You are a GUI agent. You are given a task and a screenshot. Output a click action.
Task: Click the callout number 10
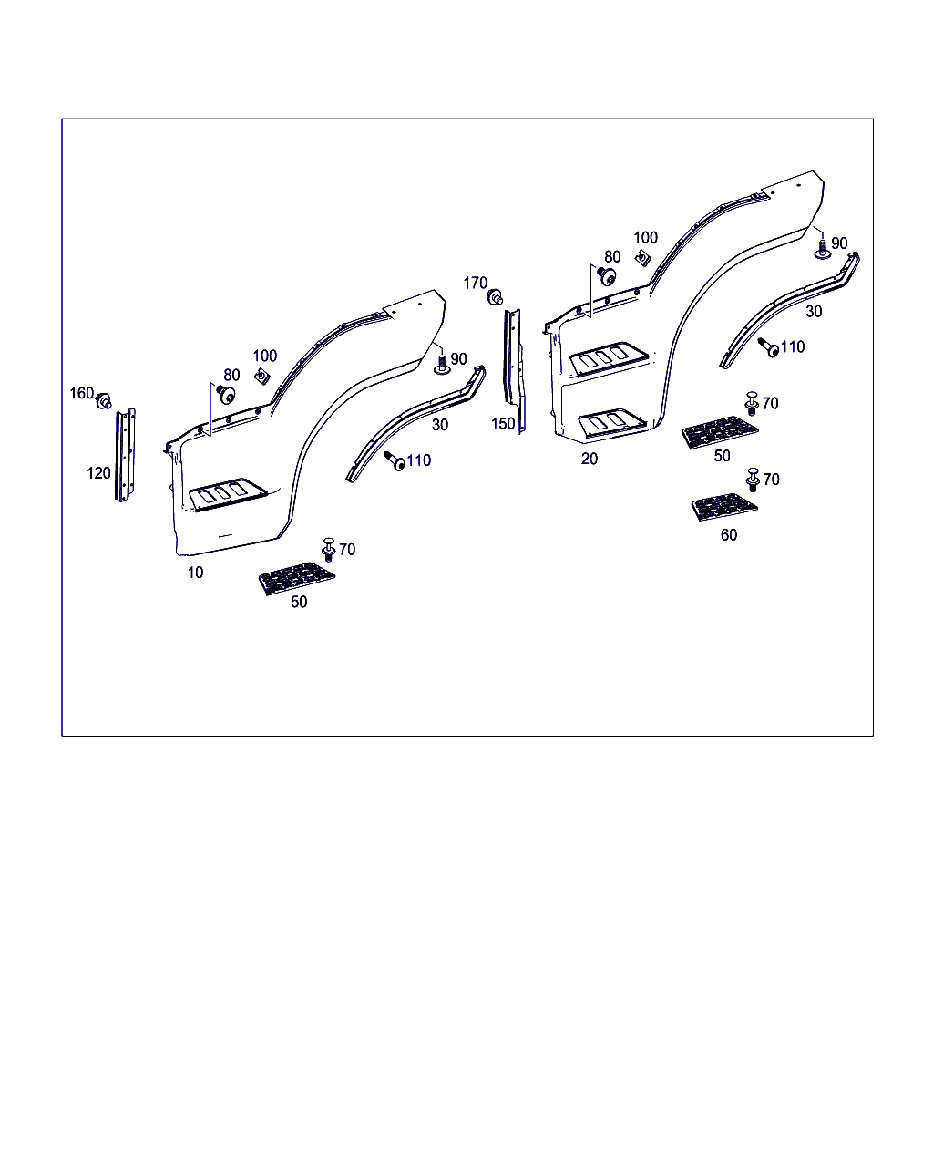point(195,573)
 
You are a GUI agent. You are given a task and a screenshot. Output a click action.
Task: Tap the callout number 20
point(590,459)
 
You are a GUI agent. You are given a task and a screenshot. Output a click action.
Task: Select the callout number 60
point(729,535)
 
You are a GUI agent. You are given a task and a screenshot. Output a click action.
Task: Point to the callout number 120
point(98,473)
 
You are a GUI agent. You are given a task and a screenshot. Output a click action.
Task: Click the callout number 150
point(503,424)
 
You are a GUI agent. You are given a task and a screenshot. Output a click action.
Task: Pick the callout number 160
point(81,393)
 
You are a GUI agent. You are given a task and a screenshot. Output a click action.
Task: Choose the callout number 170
point(475,283)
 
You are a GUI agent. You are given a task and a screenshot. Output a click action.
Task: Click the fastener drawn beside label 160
point(104,402)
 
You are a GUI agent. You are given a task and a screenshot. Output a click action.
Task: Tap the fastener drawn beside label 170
point(495,297)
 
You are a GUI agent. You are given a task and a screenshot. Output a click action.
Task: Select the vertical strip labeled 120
point(125,456)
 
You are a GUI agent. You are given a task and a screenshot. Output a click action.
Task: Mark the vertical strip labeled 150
point(514,371)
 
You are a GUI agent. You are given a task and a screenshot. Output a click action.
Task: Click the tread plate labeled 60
point(724,507)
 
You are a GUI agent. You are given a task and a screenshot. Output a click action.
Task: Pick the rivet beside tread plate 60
point(753,480)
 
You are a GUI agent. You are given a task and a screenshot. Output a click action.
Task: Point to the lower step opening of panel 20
point(612,422)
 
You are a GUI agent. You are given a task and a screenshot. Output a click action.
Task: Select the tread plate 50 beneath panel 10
point(296,579)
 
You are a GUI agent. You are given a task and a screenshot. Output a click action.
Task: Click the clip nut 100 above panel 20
point(643,258)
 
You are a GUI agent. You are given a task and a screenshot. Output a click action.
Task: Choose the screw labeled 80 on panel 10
point(226,394)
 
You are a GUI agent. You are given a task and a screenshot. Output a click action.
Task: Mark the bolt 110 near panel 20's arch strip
point(768,347)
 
